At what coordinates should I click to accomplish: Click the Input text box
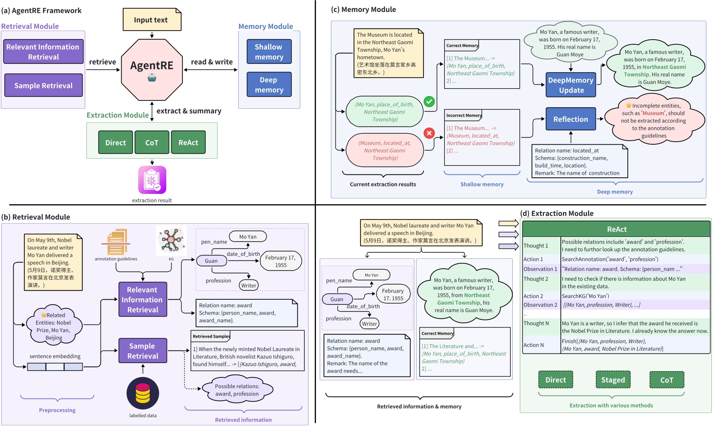coord(152,20)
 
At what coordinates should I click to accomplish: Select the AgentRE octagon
coord(152,69)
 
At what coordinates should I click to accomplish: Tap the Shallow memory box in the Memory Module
coord(269,52)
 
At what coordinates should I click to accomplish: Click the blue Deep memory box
coord(269,84)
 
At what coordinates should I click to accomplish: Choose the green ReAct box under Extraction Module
coord(188,143)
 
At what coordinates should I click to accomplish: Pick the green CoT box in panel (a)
coord(152,143)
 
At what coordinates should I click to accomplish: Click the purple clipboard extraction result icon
coord(152,180)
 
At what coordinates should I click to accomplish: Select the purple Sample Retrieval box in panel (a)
coord(43,86)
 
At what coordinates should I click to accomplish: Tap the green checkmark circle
coord(429,101)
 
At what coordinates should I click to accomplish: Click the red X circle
coord(429,133)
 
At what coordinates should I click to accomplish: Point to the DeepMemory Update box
coord(571,85)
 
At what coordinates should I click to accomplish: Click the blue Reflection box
coord(571,119)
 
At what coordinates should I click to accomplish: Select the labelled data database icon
coord(143,393)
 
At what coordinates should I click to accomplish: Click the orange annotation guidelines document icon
coord(117,242)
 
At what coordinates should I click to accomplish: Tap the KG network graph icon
coord(171,240)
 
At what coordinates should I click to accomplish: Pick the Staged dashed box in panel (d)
coord(613,379)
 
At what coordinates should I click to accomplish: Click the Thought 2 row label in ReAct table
coord(536,279)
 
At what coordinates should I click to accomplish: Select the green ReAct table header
coord(616,229)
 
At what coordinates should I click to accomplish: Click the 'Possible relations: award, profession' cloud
coord(237,390)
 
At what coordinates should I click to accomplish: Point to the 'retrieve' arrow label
coord(103,62)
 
